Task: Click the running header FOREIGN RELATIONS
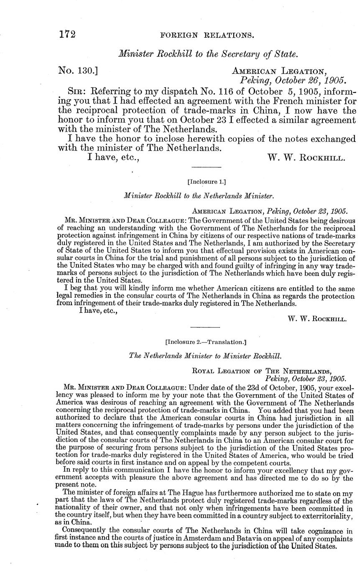pyautogui.click(x=207, y=36)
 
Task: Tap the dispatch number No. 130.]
pyautogui.click(x=78, y=71)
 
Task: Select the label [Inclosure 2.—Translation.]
pyautogui.click(x=206, y=342)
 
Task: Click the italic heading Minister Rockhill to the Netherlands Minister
pyautogui.click(x=199, y=195)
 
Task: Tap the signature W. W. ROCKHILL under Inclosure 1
pyautogui.click(x=317, y=319)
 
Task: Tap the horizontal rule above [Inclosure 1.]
pyautogui.click(x=206, y=168)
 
